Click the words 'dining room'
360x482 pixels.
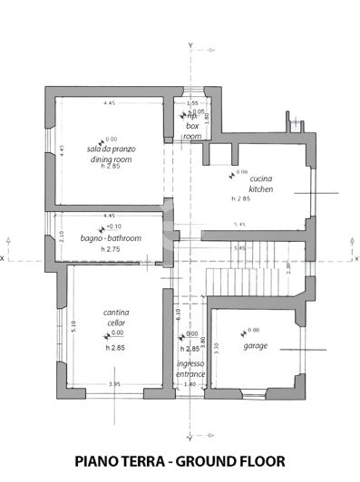coord(111,159)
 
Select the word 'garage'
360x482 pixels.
coord(256,346)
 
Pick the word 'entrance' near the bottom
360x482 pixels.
coord(191,373)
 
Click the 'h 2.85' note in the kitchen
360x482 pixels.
coord(240,198)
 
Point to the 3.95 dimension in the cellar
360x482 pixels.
coord(114,385)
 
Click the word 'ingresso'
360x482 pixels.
coord(190,363)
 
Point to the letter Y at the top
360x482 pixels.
coord(190,43)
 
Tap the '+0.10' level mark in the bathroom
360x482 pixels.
coord(114,227)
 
